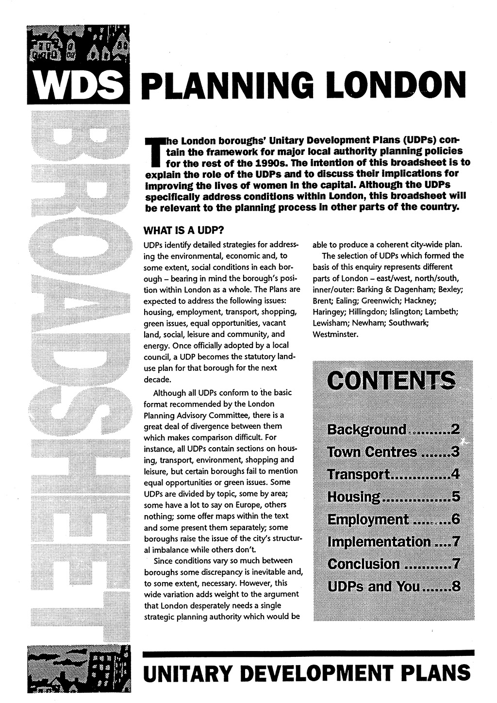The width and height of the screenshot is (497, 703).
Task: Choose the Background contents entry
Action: pyautogui.click(x=367, y=430)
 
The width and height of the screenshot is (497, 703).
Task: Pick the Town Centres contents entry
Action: pyautogui.click(x=372, y=452)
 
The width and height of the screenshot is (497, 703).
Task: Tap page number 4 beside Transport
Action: pyautogui.click(x=455, y=474)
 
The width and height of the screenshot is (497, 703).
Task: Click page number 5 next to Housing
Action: pyautogui.click(x=455, y=497)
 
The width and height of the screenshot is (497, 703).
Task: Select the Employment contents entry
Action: pyautogui.click(x=368, y=519)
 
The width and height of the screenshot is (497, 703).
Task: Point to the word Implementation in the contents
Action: pyautogui.click(x=379, y=542)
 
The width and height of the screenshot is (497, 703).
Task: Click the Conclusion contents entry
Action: pyautogui.click(x=364, y=564)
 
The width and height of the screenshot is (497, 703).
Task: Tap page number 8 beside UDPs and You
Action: pyautogui.click(x=456, y=586)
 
